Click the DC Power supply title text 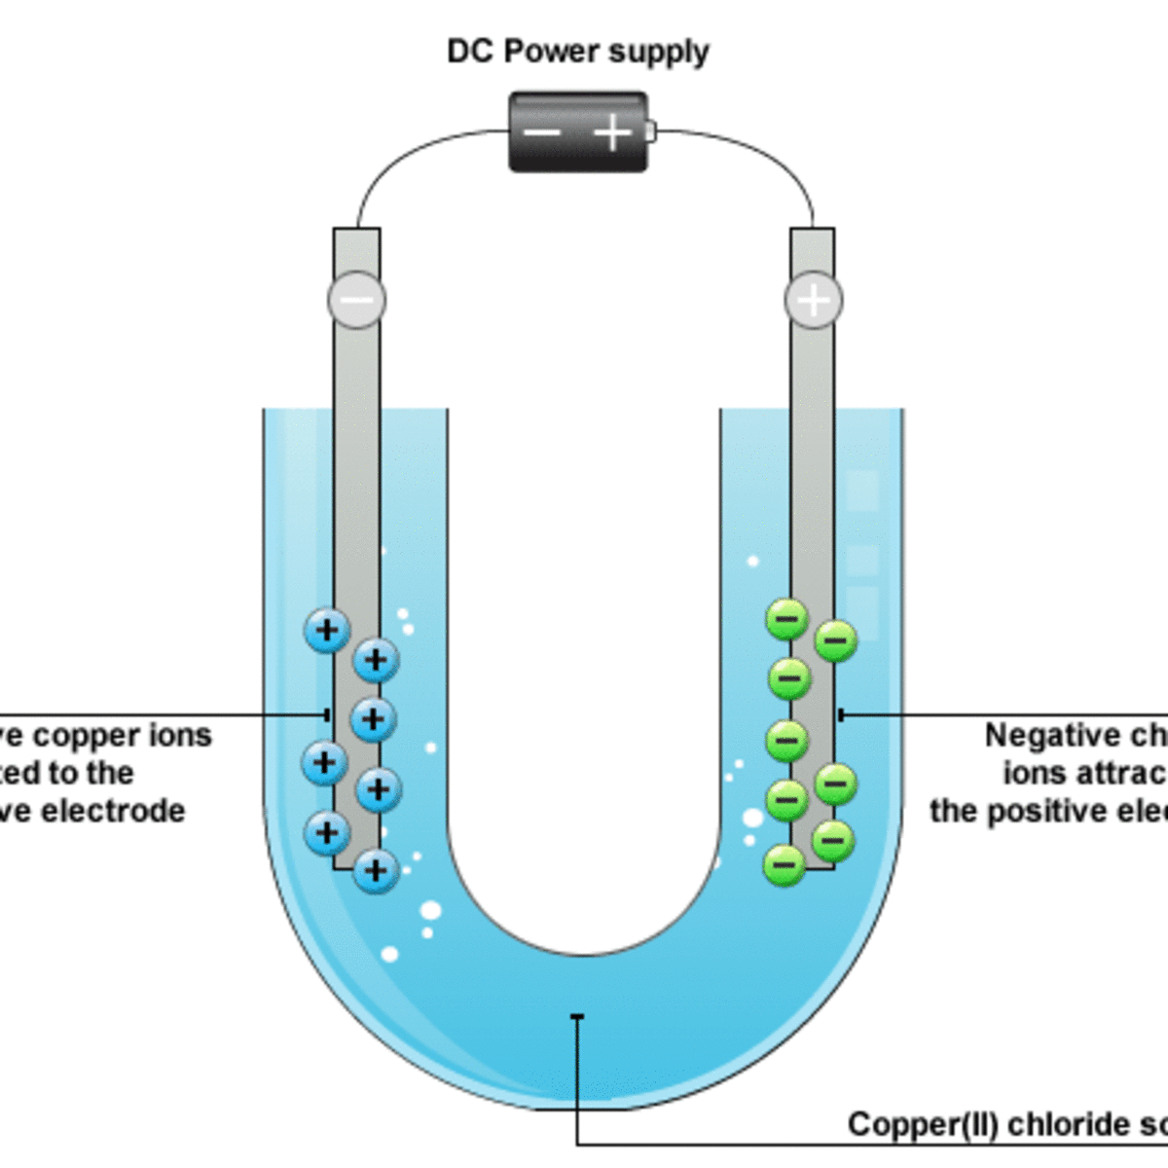tap(577, 52)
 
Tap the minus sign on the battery tap(542, 132)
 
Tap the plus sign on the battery tap(612, 131)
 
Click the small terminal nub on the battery tap(651, 131)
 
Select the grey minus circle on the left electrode tap(356, 300)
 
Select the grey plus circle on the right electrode tap(813, 300)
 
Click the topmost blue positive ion tap(327, 630)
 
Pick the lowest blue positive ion tap(376, 870)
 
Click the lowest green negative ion tap(785, 863)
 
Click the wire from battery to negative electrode tap(409, 156)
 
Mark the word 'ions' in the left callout tap(178, 735)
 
